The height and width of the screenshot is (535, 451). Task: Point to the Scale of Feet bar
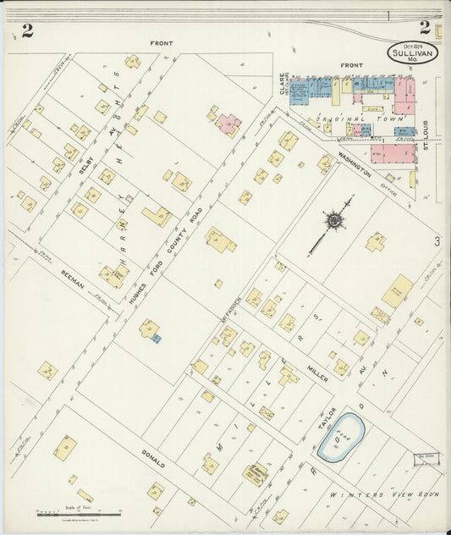pos(60,513)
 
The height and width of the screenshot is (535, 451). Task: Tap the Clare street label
pos(282,84)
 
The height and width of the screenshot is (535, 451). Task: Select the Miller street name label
pos(317,371)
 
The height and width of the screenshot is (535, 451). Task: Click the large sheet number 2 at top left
pos(28,31)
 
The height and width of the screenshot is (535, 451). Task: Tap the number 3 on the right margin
pos(437,242)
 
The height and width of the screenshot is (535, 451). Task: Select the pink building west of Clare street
pos(227,124)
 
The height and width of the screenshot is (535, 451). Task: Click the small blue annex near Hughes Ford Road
pos(156,338)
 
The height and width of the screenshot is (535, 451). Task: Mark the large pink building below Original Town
pos(393,153)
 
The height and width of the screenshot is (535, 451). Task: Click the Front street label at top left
pos(161,42)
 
